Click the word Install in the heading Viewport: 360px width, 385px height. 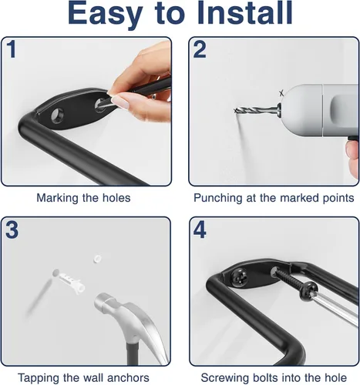pyautogui.click(x=245, y=12)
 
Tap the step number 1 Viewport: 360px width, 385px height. pyautogui.click(x=12, y=49)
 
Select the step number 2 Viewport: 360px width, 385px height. pyautogui.click(x=200, y=49)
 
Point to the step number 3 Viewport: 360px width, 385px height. pyautogui.click(x=12, y=229)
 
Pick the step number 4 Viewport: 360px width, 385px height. pyautogui.click(x=200, y=229)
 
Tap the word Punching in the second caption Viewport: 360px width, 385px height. pyautogui.click(x=218, y=198)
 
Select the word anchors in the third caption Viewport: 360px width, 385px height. pyautogui.click(x=128, y=378)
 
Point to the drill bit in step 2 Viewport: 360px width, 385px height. pyautogui.click(x=255, y=110)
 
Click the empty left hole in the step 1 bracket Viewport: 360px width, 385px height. pyautogui.click(x=57, y=115)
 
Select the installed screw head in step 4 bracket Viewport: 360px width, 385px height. pyautogui.click(x=239, y=277)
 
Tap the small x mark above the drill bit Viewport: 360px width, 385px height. pyautogui.click(x=281, y=93)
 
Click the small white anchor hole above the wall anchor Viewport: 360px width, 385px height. pyautogui.click(x=97, y=258)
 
